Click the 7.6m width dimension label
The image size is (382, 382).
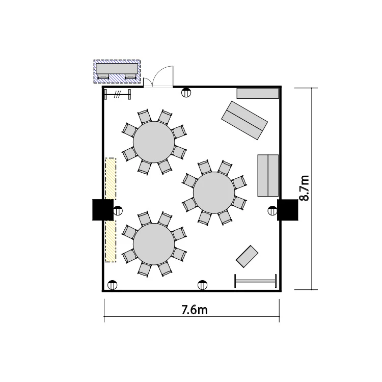tap(195, 310)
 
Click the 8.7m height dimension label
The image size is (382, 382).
tap(304, 188)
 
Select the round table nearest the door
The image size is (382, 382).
tap(154, 142)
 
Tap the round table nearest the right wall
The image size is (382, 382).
tap(214, 193)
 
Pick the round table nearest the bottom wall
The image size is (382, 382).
tap(154, 244)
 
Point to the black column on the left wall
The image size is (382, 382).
tap(103, 210)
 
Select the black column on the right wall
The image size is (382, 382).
tap(287, 210)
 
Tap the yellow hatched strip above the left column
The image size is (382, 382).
tap(111, 179)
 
